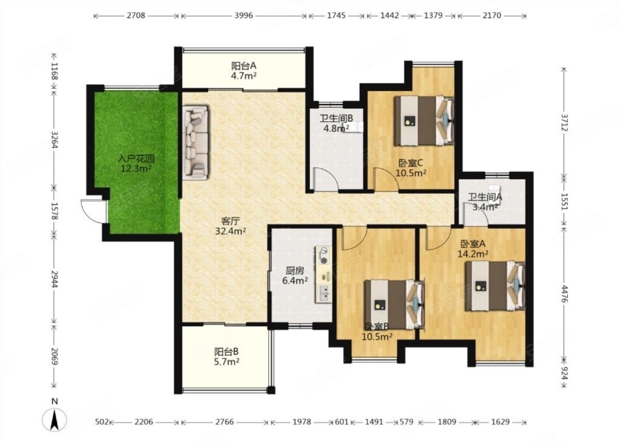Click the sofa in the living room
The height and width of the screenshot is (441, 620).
(x=196, y=141)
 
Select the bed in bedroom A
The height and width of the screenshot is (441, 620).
(x=495, y=286)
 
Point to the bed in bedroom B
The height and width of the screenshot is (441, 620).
(x=394, y=304)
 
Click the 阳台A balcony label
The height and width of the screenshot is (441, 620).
(x=244, y=70)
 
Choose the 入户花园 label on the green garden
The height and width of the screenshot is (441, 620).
(x=136, y=164)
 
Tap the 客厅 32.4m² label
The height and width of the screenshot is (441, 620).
(x=231, y=226)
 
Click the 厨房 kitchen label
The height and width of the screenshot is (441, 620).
(x=295, y=276)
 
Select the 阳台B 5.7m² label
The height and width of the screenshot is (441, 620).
(x=226, y=356)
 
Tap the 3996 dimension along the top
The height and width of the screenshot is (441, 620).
(x=243, y=15)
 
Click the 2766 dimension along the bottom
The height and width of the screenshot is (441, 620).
(x=224, y=422)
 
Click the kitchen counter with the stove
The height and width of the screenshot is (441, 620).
(x=324, y=275)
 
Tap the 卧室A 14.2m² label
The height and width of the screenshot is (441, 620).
(x=473, y=249)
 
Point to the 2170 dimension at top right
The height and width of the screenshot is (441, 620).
(x=492, y=15)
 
